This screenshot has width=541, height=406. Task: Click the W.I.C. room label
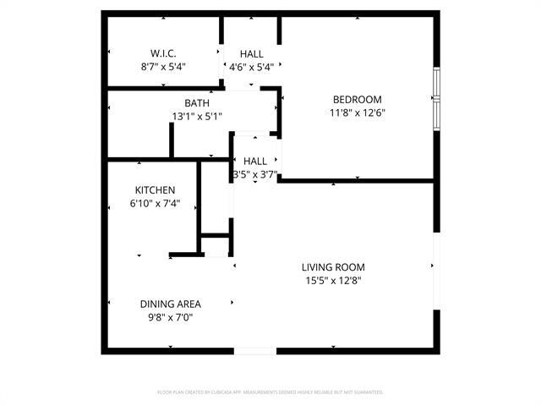[163, 53]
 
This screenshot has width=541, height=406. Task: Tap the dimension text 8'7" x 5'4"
[163, 66]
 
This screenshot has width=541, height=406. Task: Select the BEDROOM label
[357, 100]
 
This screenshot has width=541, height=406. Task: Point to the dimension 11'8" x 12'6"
[357, 112]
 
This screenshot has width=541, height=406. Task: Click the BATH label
[197, 104]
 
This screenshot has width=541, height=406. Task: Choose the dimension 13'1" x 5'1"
[197, 117]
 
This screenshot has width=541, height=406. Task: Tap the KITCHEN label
[155, 190]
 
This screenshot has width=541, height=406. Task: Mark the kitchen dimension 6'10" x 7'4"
[155, 203]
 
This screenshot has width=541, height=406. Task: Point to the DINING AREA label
[170, 304]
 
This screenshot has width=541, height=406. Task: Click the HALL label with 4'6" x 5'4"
[251, 53]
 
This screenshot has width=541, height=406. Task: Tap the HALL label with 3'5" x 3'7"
[255, 161]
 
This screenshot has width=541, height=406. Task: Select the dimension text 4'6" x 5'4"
[251, 66]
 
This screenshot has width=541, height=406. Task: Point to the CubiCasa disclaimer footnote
[270, 392]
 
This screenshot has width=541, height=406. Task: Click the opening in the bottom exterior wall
[254, 350]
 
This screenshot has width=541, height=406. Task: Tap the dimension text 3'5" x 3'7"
[255, 174]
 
